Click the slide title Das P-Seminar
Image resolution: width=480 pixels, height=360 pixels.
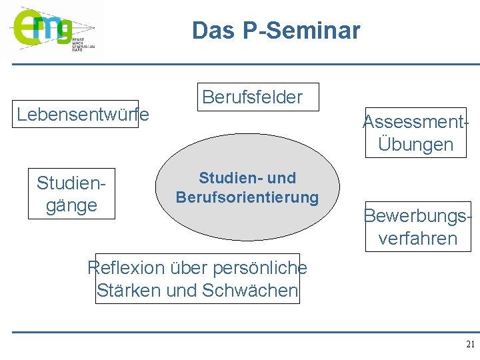pyautogui.click(x=276, y=31)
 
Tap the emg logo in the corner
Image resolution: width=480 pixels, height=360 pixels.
pyautogui.click(x=41, y=28)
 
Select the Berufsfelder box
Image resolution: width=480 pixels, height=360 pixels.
pyautogui.click(x=252, y=97)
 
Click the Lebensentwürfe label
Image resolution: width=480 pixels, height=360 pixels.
pyautogui.click(x=83, y=115)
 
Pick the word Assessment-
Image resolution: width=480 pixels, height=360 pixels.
pyautogui.click(x=414, y=121)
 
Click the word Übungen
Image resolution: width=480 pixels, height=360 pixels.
pyautogui.click(x=415, y=145)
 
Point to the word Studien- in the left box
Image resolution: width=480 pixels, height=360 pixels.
pyautogui.click(x=71, y=183)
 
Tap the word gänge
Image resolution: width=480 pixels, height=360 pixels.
pyautogui.click(x=71, y=205)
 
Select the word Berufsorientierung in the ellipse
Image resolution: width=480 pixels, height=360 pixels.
pyautogui.click(x=247, y=198)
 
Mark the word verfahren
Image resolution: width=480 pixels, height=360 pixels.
pyautogui.click(x=418, y=239)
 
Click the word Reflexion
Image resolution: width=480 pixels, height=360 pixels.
pyautogui.click(x=125, y=268)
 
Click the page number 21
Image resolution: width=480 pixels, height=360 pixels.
pyautogui.click(x=470, y=345)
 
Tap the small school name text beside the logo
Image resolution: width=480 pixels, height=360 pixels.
pyautogui.click(x=83, y=44)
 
